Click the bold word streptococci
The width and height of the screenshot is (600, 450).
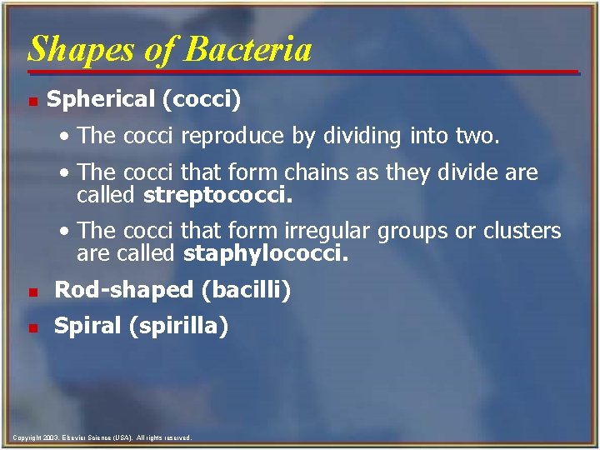click(219, 197)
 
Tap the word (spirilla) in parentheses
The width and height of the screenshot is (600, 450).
click(177, 326)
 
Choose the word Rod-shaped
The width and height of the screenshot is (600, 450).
click(122, 291)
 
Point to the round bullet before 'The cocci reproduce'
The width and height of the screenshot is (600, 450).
click(66, 137)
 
